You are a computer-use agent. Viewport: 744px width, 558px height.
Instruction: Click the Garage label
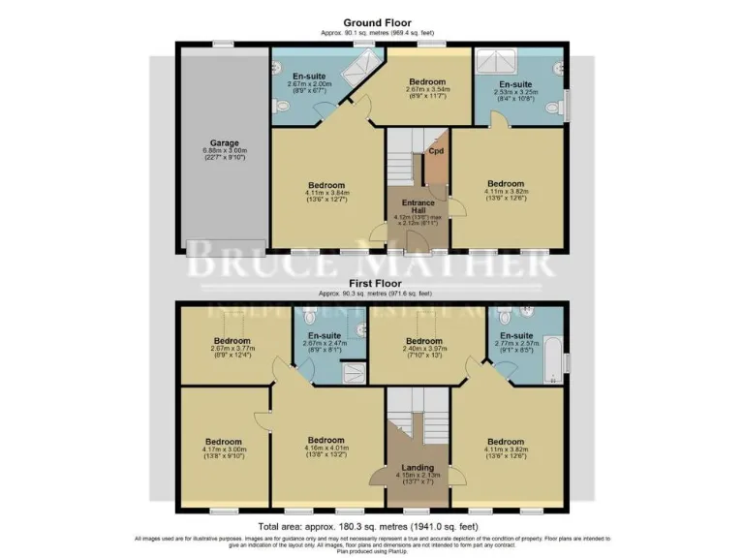pos(224,142)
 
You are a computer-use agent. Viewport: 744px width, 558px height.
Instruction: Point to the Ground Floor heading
pos(377,22)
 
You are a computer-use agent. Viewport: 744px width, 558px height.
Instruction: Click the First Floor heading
pos(376,283)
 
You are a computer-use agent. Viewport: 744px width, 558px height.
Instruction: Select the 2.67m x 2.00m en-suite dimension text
pos(310,83)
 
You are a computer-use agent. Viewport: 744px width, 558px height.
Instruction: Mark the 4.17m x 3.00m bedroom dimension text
pos(224,449)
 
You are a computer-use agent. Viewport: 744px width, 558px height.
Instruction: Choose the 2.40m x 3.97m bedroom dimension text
pos(424,351)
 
